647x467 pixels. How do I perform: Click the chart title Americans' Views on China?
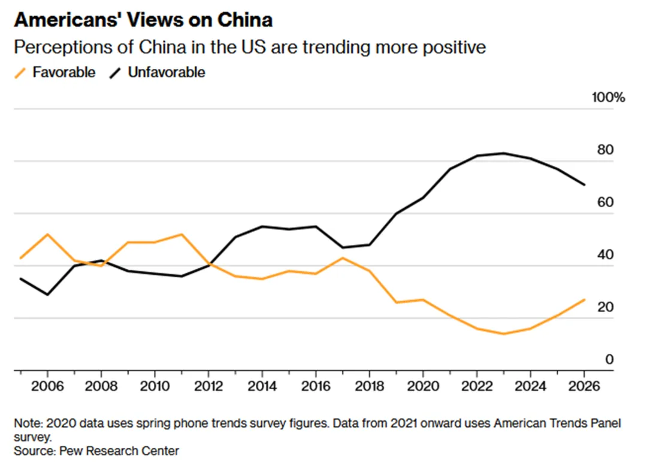point(143,20)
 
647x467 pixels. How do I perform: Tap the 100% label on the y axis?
point(608,98)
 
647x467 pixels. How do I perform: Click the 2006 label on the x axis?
point(47,384)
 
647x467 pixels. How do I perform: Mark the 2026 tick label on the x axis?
point(585,384)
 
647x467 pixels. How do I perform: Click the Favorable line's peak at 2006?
point(47,234)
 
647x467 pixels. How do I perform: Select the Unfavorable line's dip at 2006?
point(47,295)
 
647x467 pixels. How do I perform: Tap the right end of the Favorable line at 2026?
point(585,299)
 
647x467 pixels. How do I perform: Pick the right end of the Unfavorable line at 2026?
point(585,184)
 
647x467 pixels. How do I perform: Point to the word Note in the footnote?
point(27,423)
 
